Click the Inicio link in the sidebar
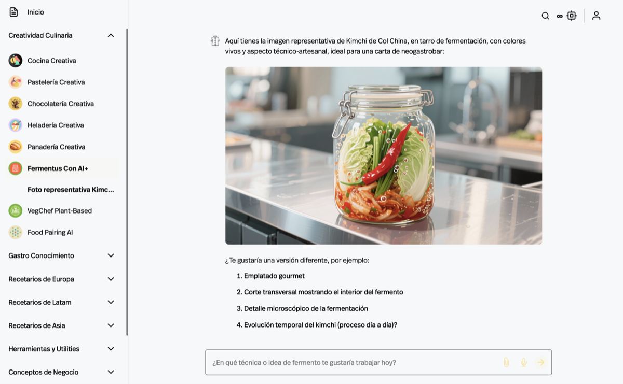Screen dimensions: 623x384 click(36, 12)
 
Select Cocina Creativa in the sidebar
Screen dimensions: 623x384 click(52, 61)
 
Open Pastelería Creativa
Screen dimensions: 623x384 click(56, 82)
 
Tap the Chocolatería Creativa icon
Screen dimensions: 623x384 click(15, 104)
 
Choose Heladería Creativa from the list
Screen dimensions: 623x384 click(56, 125)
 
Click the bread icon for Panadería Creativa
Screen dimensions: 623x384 click(15, 147)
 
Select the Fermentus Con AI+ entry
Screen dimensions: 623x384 click(58, 168)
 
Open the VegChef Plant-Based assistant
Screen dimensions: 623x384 click(60, 211)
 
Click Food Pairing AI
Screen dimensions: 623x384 click(50, 232)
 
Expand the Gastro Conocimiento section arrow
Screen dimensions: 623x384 click(111, 255)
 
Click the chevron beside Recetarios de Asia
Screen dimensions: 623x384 click(111, 325)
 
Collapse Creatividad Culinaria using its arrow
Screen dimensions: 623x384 click(111, 36)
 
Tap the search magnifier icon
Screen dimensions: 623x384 click(546, 16)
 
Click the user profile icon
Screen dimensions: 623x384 click(596, 16)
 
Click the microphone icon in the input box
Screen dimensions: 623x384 click(524, 362)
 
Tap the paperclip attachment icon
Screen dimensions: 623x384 click(507, 362)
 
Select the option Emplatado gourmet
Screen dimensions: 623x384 click(274, 276)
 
